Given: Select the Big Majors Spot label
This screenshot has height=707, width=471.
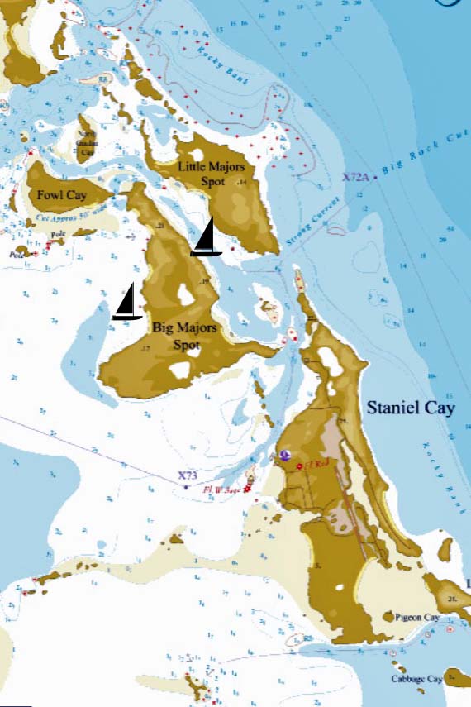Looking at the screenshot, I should pos(184,334).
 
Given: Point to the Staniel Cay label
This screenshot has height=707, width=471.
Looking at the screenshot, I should pos(411,408).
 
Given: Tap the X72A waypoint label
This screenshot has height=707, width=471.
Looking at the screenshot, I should pos(355,177).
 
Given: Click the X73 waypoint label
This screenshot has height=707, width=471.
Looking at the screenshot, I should pos(188,476).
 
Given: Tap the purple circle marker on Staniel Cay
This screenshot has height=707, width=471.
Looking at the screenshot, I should pos(285,455).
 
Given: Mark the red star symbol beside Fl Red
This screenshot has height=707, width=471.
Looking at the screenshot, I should pos(298,466).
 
